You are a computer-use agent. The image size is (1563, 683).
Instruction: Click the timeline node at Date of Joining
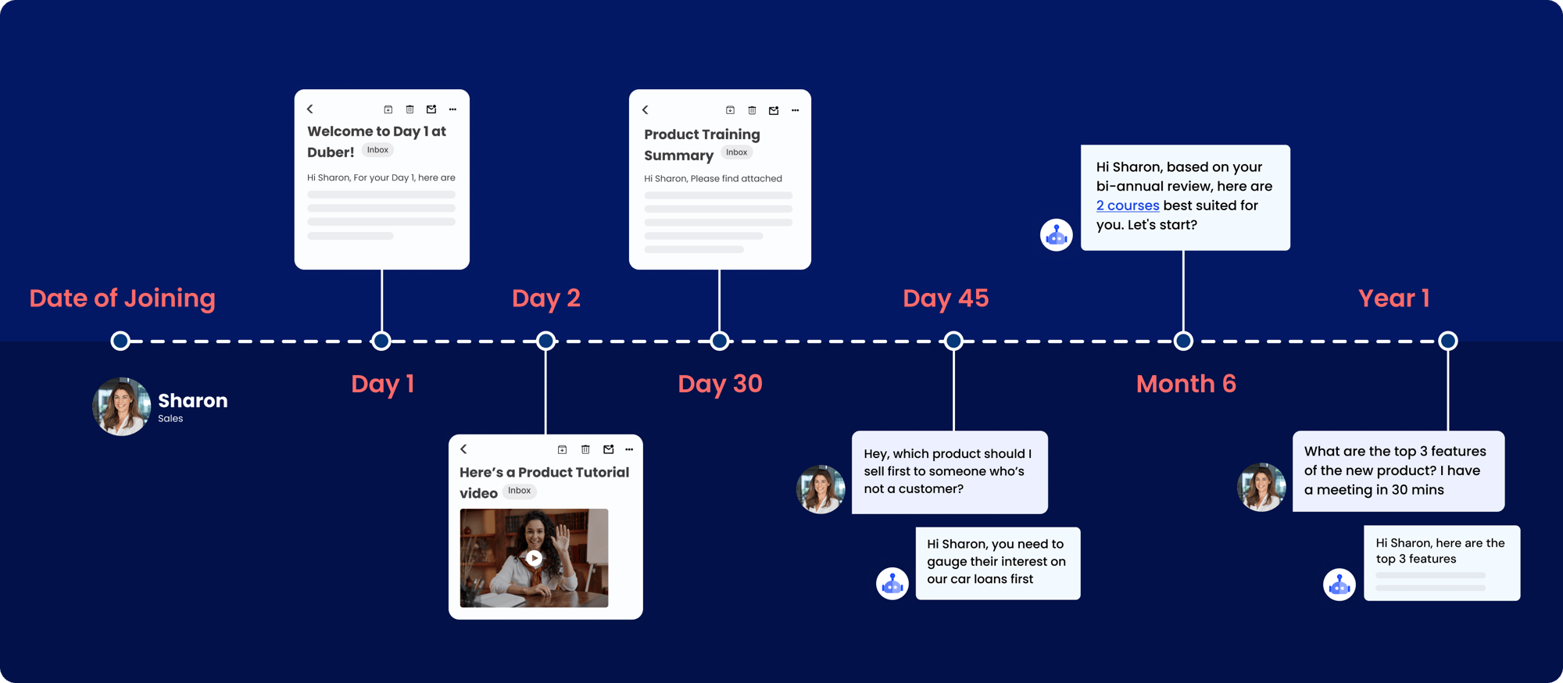point(120,341)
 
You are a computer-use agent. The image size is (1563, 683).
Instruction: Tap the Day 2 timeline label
point(546,298)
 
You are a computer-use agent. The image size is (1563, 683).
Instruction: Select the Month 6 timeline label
point(1186,384)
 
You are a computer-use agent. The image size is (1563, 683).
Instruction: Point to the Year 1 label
point(1394,298)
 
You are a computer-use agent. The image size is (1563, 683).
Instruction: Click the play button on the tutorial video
point(534,558)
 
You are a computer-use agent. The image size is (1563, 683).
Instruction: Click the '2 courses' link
point(1128,206)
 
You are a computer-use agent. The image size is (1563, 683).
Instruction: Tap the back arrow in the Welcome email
point(310,109)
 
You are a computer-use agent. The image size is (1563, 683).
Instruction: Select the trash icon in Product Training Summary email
point(752,110)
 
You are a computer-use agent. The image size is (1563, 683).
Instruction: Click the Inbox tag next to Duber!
point(377,150)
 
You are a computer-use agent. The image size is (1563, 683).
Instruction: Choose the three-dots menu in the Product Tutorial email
point(629,449)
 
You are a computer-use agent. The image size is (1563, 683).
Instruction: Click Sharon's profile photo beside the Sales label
point(121,406)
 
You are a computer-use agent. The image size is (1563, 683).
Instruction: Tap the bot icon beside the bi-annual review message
point(1057,234)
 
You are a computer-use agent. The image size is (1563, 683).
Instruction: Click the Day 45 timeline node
point(953,341)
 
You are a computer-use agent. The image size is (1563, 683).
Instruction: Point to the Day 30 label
point(720,384)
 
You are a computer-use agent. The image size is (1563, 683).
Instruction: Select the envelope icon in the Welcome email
point(431,109)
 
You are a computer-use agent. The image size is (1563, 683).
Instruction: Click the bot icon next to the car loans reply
point(892,584)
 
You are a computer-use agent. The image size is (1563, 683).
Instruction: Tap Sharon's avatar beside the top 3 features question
point(1261,487)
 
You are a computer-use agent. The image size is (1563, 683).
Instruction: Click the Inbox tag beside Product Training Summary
point(736,152)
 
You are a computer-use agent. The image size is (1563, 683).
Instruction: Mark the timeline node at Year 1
point(1448,341)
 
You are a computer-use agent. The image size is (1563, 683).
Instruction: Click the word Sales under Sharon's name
point(170,419)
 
